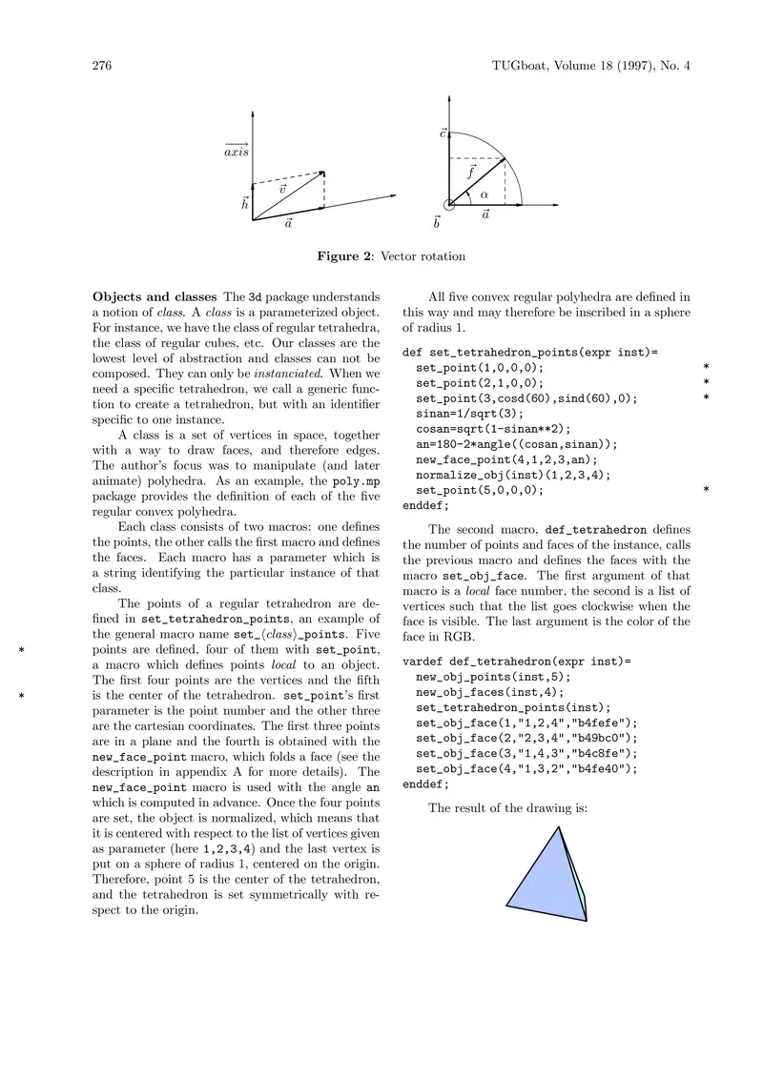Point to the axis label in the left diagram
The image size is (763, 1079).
pyautogui.click(x=237, y=151)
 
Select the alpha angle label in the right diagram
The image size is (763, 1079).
pyautogui.click(x=485, y=194)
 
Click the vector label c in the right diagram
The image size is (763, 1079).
pyautogui.click(x=443, y=132)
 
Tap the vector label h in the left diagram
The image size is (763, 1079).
pyautogui.click(x=245, y=203)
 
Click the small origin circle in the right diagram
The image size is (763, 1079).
pyautogui.click(x=448, y=204)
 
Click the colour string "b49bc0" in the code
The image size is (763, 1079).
pyautogui.click(x=596, y=737)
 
